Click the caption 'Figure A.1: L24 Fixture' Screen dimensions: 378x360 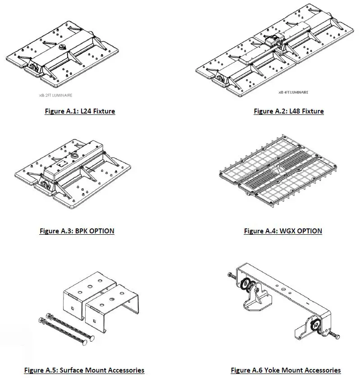click(x=80, y=111)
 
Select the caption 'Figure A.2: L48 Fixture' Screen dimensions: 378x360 click(x=288, y=111)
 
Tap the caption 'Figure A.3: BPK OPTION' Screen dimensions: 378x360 click(x=77, y=231)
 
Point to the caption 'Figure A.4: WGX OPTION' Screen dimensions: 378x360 click(x=283, y=231)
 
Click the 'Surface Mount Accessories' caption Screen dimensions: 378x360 click(x=84, y=370)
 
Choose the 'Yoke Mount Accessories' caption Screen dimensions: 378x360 click(x=286, y=370)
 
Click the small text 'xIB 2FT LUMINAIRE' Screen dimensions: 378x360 click(x=55, y=96)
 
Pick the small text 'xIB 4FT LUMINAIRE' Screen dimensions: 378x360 click(x=293, y=92)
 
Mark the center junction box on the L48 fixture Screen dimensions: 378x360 click(x=272, y=41)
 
